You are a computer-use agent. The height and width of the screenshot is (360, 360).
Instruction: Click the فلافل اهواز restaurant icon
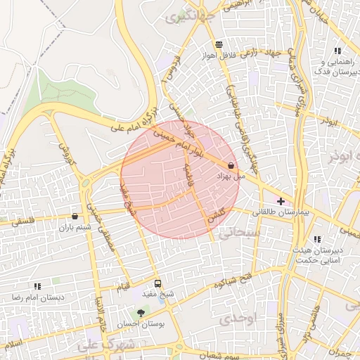click(219, 44)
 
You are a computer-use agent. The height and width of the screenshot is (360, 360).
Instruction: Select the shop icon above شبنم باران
click(75, 216)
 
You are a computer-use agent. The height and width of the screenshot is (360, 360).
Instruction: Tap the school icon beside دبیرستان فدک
click(337, 51)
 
